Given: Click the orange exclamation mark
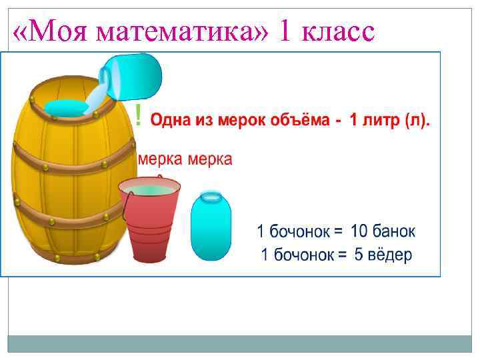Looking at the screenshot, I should [x=138, y=118].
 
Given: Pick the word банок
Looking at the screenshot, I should [x=393, y=231].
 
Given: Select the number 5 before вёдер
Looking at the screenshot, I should [x=359, y=255].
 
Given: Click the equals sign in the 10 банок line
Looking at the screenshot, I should [x=337, y=232].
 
